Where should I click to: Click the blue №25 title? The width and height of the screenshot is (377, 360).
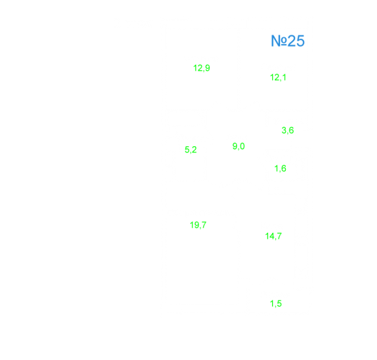pos(288,41)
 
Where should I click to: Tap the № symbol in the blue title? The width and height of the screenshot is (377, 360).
pos(279,41)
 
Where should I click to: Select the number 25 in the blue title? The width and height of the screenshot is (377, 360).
pos(296,41)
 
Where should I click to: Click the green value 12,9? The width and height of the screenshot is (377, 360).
pos(201,68)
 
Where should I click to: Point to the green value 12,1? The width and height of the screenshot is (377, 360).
pos(278,77)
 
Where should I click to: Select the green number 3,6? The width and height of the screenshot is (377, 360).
pos(288,130)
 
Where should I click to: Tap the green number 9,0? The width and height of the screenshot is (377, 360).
pos(239,146)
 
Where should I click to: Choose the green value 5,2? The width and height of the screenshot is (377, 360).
pos(191,150)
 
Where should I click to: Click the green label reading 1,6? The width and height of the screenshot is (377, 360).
pos(280,169)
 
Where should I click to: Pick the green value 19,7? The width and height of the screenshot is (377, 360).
pos(198,225)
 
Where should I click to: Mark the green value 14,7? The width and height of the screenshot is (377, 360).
pos(273,236)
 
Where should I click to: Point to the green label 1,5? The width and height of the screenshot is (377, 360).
pos(276,304)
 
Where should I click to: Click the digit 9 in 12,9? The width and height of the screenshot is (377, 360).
pos(207,68)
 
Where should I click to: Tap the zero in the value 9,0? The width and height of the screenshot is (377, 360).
pos(243,146)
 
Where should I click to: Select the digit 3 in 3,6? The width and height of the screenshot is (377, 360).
pos(284,130)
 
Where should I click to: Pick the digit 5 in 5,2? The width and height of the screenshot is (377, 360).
pos(187,150)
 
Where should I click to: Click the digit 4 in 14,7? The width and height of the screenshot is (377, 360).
pos(271,235)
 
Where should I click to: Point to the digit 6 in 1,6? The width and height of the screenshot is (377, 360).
pos(284,168)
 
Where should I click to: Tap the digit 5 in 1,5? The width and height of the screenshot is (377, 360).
pos(279,303)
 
